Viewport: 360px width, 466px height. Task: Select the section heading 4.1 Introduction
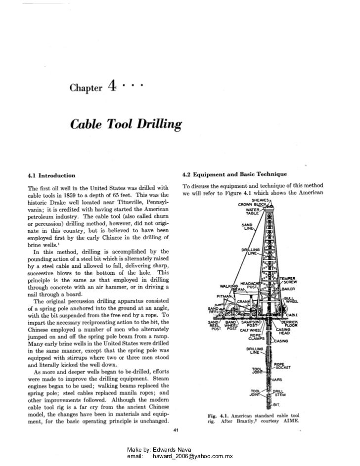(x=51, y=175)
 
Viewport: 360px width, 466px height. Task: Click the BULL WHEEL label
(x=301, y=300)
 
